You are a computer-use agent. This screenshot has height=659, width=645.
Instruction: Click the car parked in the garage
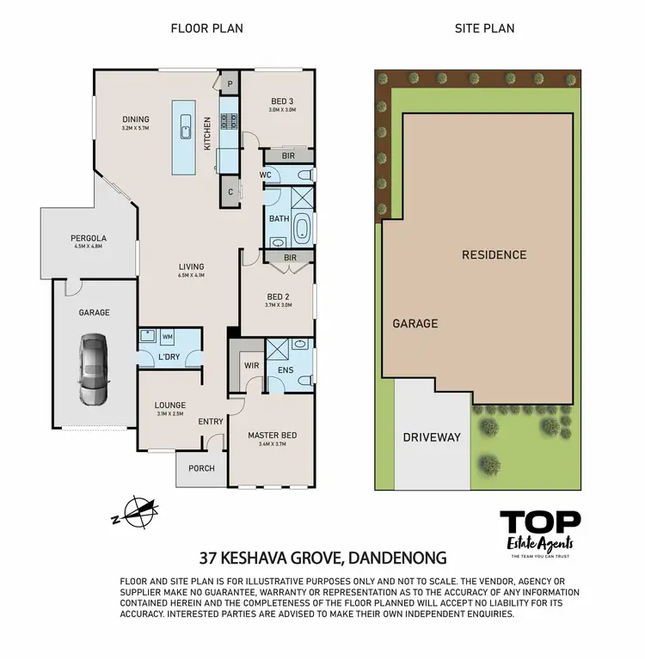point(94,369)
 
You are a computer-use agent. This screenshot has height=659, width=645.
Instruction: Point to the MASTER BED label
point(272,435)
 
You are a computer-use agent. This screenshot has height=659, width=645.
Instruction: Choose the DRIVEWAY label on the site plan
point(432,436)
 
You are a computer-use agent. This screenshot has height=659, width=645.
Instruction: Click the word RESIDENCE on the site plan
point(494,255)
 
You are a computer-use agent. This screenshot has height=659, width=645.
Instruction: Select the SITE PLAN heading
point(484,28)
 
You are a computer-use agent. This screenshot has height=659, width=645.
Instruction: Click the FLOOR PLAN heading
point(206,28)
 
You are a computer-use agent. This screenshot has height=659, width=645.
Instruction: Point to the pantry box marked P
point(230,84)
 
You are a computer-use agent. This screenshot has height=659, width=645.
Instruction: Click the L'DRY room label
point(169,357)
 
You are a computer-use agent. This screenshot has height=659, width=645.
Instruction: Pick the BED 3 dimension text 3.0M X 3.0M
point(282,110)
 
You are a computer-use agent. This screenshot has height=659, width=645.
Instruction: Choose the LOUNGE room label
point(169,406)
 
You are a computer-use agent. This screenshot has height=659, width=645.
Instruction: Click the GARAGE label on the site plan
point(415,324)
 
